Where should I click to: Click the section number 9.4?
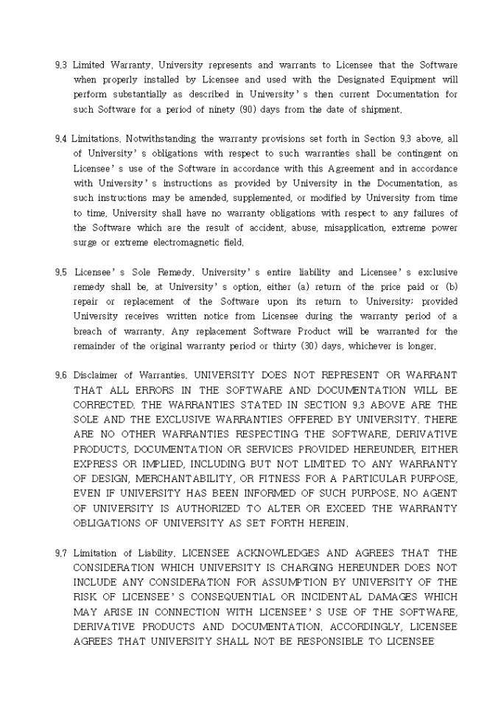(61, 138)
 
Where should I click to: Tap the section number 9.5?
(61, 272)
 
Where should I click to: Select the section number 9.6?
(61, 375)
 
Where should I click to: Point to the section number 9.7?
(61, 553)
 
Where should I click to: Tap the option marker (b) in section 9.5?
(448, 287)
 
